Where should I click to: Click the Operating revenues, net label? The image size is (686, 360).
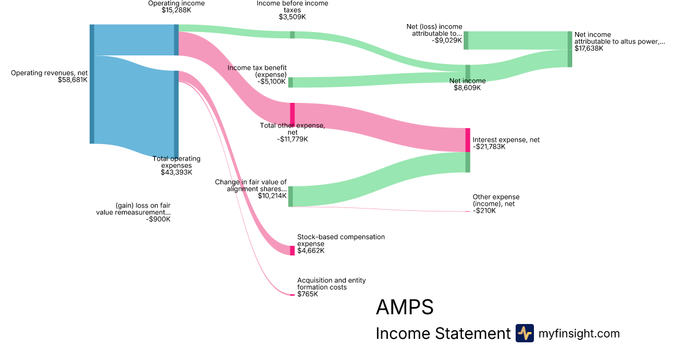pos(49,73)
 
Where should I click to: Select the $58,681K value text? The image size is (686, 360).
pos(73,80)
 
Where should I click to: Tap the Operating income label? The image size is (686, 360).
pos(176,3)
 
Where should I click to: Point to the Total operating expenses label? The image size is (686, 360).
pos(176,162)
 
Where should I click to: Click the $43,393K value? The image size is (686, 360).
pos(176,172)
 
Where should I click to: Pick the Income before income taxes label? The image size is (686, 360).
pos(292,6)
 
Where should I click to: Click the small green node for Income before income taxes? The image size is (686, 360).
pos(292,35)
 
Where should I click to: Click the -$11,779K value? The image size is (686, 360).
pos(293,139)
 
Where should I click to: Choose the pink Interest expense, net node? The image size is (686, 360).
pos(468,140)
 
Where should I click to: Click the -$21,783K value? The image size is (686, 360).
pos(489,147)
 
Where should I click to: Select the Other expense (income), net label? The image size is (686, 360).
pos(496,200)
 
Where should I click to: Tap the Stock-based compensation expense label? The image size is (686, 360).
pos(341,240)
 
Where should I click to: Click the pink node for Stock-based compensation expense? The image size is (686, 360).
pos(292,250)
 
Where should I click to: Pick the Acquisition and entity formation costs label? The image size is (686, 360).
pos(331,283)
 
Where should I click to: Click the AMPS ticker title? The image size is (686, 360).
pos(404,307)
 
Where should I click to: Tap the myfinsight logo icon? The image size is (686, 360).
pos(524,333)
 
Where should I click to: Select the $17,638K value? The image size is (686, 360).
pos(589,49)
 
